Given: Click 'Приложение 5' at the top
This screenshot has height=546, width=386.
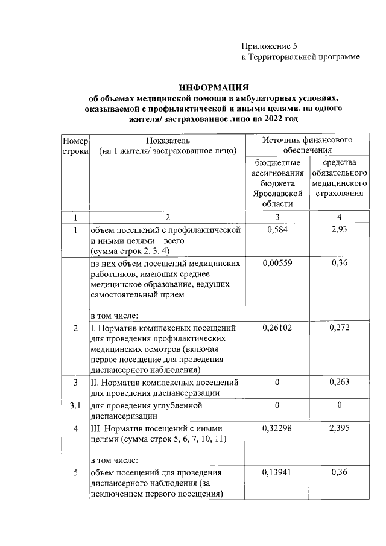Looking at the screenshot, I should point(270,46).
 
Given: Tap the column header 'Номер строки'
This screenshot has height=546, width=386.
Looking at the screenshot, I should point(75,145).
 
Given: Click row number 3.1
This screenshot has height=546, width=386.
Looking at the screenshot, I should point(75,405).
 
